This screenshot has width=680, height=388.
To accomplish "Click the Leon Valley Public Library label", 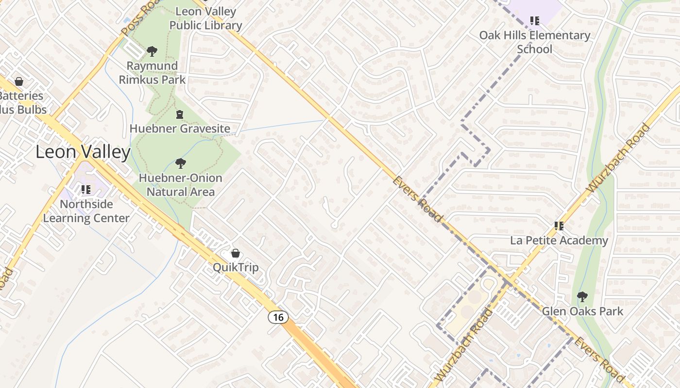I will (x=206, y=18).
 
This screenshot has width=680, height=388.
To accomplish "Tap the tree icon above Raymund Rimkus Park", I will (x=152, y=51).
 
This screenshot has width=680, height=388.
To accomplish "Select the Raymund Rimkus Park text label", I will (x=152, y=72).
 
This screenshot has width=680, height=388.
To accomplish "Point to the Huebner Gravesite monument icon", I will (x=180, y=114).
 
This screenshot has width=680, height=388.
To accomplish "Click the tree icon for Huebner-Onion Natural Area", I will (x=181, y=163).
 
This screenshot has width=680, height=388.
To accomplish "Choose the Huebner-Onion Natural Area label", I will (x=181, y=185).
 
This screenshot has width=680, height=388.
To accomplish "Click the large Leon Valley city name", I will (x=83, y=152).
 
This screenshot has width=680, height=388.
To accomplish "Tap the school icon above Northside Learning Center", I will (x=86, y=189).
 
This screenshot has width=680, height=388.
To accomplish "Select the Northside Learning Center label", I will (x=86, y=211).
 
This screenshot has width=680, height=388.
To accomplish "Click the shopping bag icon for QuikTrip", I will (x=236, y=253).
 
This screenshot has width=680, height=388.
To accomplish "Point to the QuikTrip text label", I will (x=236, y=267).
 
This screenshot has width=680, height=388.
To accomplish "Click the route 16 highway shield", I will (x=278, y=317).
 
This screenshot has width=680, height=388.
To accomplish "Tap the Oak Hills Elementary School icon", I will (x=535, y=20).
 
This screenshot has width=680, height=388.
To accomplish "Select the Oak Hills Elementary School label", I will (x=535, y=42).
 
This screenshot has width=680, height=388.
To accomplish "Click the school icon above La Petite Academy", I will (x=559, y=226).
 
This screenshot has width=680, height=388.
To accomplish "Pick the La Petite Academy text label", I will (x=559, y=240).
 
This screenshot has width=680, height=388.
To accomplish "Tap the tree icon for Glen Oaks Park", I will (x=582, y=297).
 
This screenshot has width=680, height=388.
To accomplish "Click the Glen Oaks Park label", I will (x=582, y=311).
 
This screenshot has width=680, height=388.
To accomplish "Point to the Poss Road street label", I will (x=140, y=18).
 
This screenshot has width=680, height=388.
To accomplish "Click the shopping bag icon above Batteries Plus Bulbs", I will (x=19, y=81).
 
